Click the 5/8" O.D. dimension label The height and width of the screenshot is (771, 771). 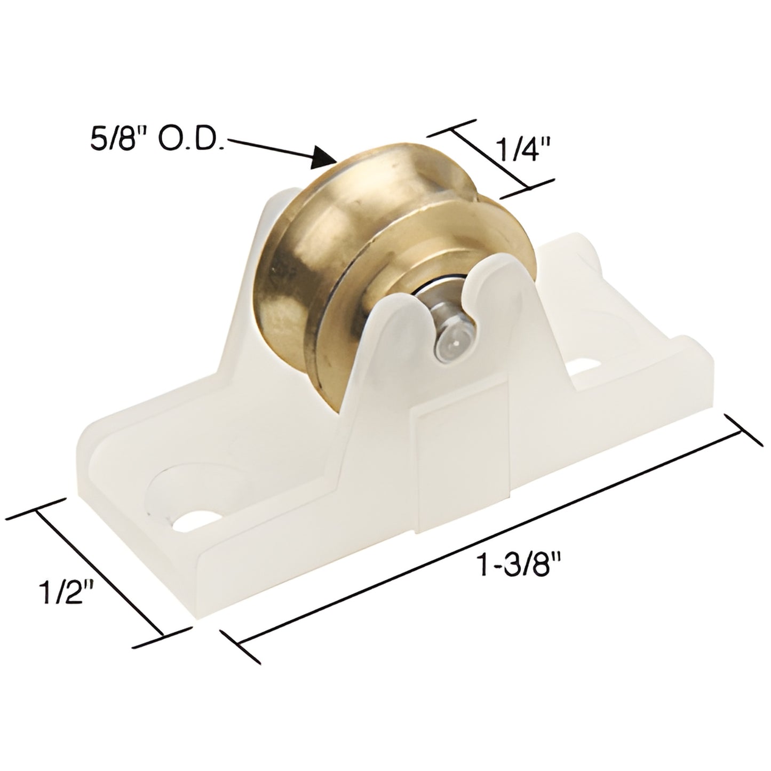point(158,126)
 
